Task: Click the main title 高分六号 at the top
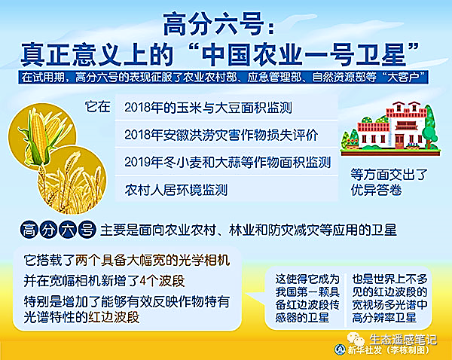tap(214, 25)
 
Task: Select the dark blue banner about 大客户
tap(223, 78)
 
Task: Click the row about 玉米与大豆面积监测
tap(227, 108)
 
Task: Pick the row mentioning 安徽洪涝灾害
tap(227, 135)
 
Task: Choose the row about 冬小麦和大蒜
tap(227, 162)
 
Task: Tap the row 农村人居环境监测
tap(227, 189)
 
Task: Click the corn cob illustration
tap(38, 138)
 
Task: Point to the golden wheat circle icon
tap(72, 180)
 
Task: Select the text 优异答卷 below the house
tap(376, 190)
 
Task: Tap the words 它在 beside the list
tap(98, 107)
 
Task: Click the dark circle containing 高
tap(29, 230)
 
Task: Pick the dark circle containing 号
tap(87, 230)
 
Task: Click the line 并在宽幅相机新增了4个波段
tap(104, 280)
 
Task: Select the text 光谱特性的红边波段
tap(81, 317)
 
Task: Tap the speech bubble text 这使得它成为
tap(307, 279)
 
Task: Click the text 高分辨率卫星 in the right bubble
tap(384, 318)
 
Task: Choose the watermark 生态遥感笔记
tap(403, 340)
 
